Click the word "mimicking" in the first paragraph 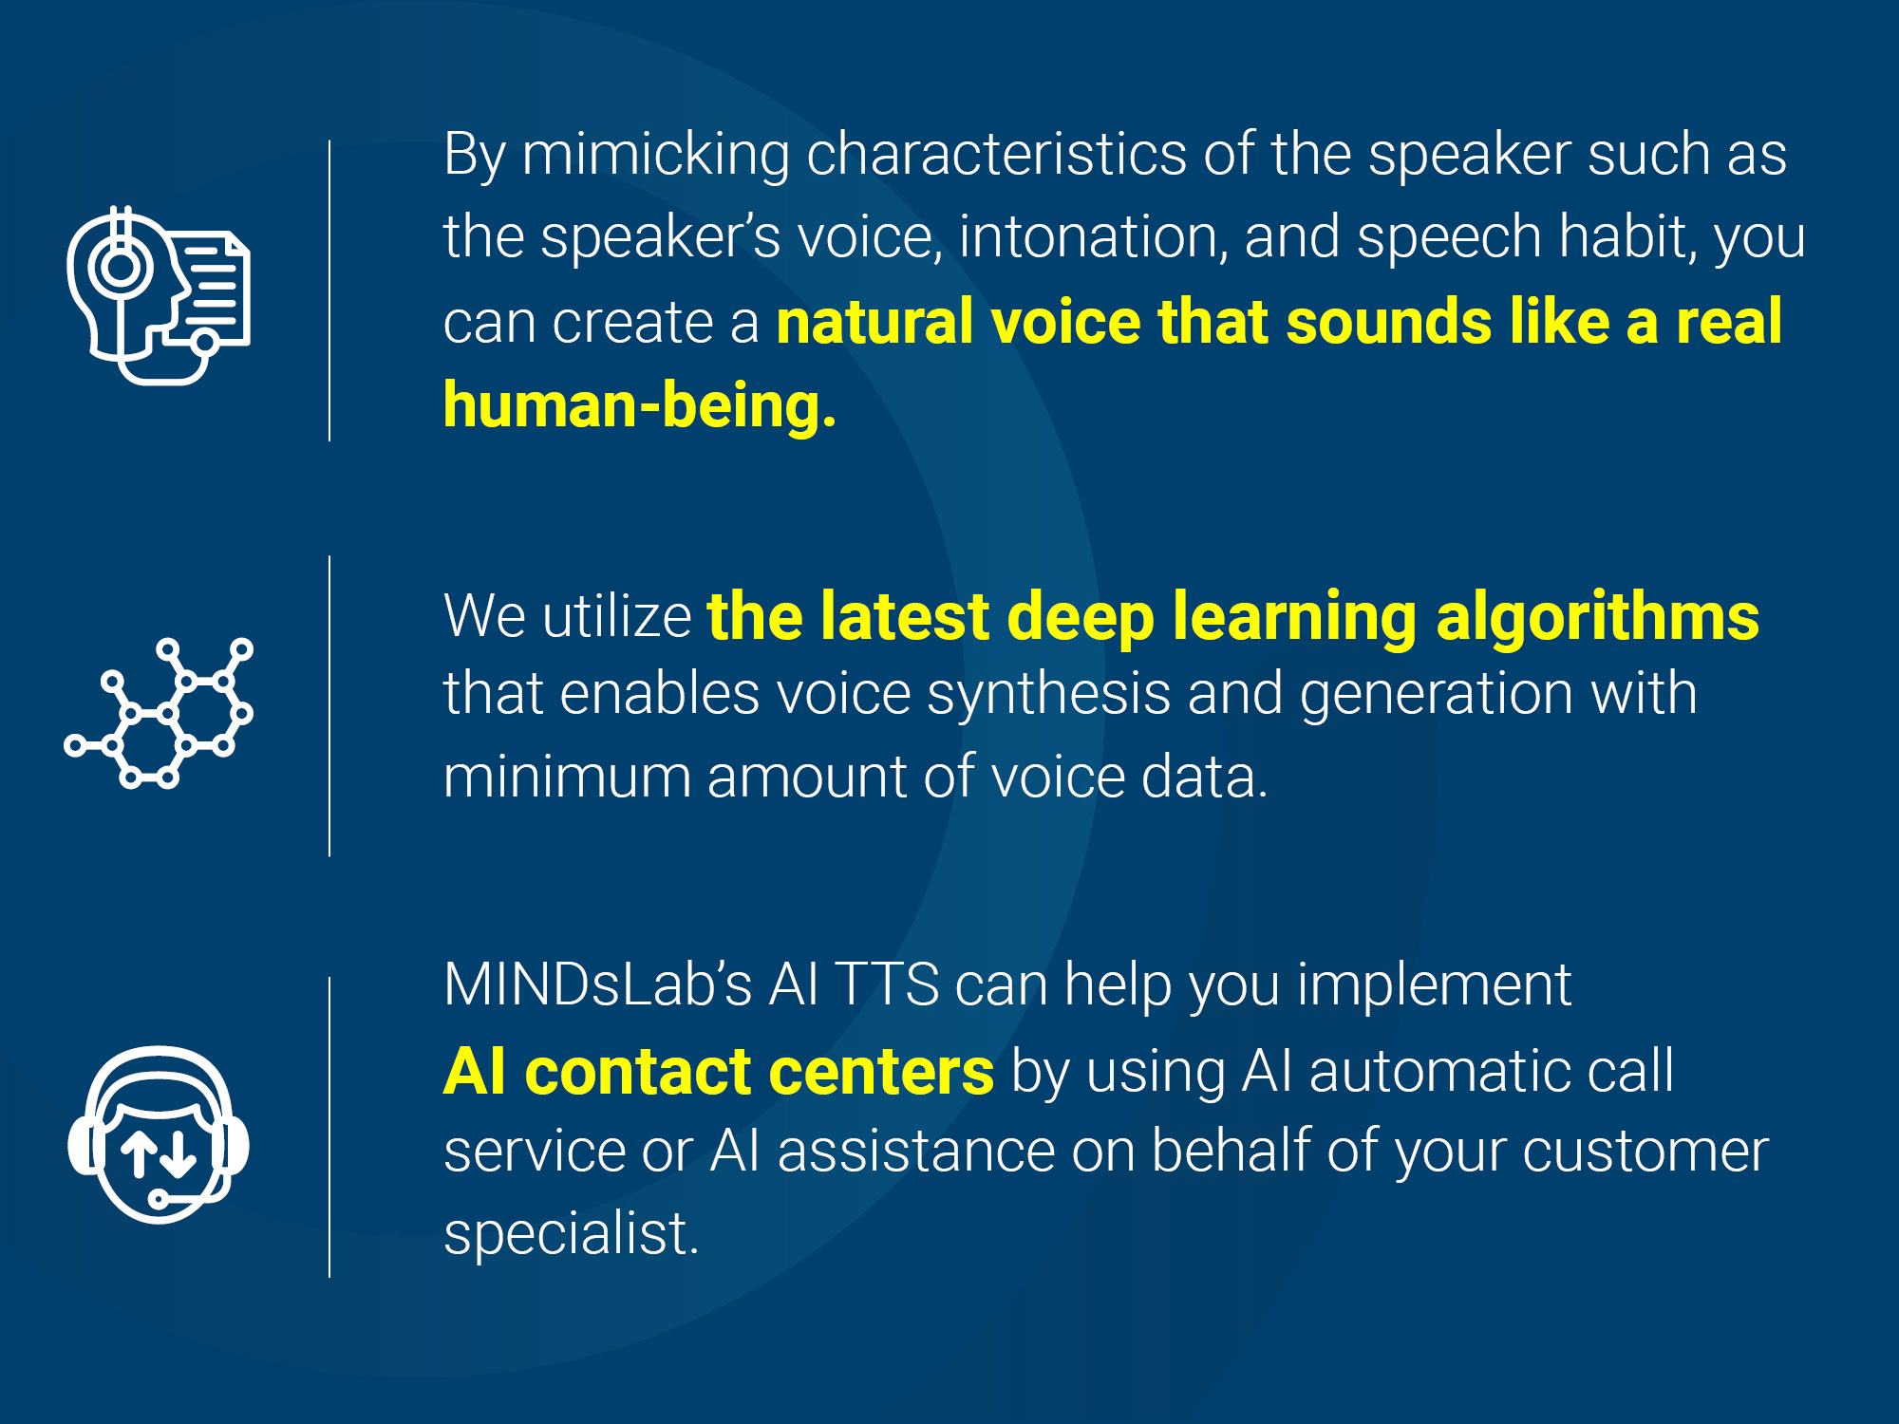point(655,156)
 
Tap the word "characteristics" point(996,154)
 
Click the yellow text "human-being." point(640,405)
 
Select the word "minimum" point(567,777)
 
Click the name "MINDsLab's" point(598,984)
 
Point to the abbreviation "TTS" point(887,984)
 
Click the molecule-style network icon point(159,713)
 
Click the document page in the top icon point(214,285)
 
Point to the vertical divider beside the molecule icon point(329,706)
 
